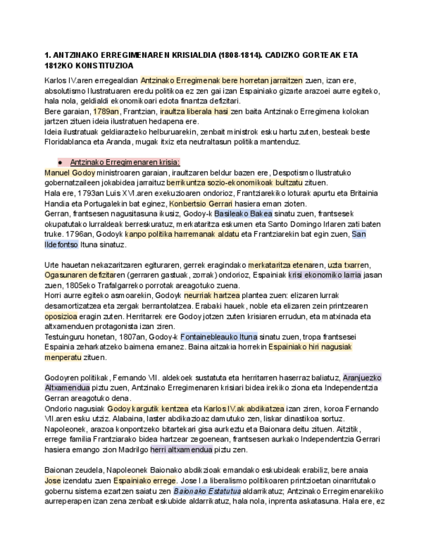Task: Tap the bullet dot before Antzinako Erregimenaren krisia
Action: [x=60, y=163]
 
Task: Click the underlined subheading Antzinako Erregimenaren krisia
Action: [x=125, y=163]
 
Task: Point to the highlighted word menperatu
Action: [x=63, y=357]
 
